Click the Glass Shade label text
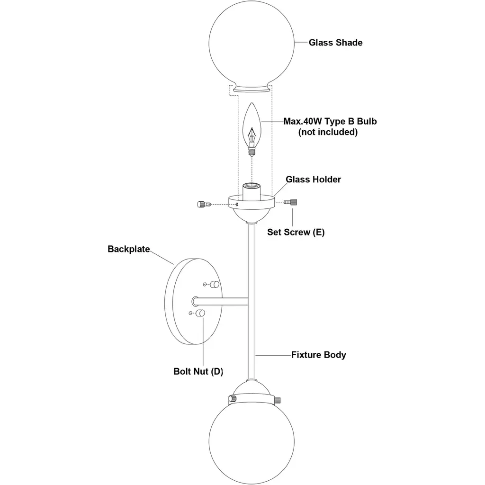(x=335, y=43)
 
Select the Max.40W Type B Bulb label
(x=330, y=121)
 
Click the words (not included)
(x=328, y=132)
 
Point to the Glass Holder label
(x=313, y=180)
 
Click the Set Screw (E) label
(x=296, y=232)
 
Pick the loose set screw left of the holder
(x=203, y=204)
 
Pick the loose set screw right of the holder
(x=291, y=202)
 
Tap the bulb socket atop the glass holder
(x=251, y=191)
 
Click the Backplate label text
(x=129, y=249)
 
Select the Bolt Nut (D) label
(x=198, y=371)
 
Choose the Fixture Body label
(x=318, y=355)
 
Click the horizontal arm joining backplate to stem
(x=223, y=301)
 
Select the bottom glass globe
(x=251, y=440)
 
